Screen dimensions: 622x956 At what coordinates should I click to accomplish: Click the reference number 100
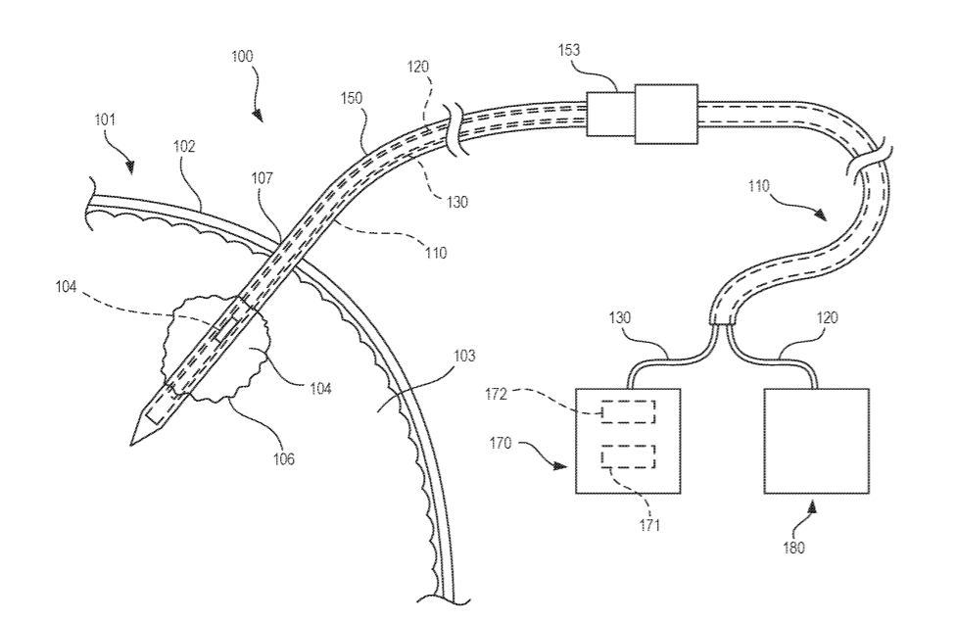[x=242, y=57]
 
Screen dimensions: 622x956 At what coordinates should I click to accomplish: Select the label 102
[x=185, y=148]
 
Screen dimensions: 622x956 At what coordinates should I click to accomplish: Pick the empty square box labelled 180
[x=816, y=441]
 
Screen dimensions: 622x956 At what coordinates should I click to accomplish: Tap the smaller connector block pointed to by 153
[x=609, y=113]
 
